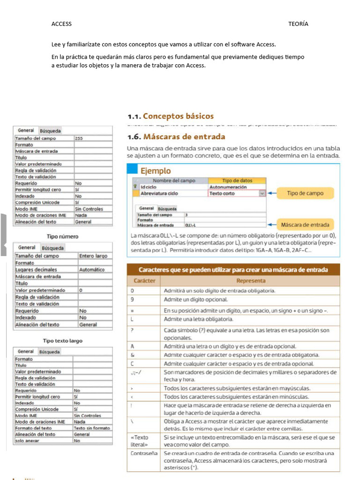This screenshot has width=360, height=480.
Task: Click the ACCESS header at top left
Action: [x=61, y=24]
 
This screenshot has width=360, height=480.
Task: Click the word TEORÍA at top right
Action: [x=298, y=24]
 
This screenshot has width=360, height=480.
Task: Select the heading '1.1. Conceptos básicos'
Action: [x=171, y=116]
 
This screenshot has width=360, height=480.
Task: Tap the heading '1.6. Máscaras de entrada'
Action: [x=176, y=137]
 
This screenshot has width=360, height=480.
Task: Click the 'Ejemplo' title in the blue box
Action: [x=156, y=171]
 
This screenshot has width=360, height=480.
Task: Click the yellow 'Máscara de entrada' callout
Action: [x=305, y=225]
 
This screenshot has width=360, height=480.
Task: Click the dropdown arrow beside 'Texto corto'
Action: [x=262, y=193]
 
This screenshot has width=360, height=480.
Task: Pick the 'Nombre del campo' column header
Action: [x=174, y=180]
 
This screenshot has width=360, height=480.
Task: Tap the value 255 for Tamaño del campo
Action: [x=79, y=139]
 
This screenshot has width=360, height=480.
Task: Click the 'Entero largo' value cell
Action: [x=93, y=256]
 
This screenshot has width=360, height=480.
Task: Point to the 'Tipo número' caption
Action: [x=62, y=236]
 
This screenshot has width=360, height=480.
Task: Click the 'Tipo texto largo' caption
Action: [x=62, y=341]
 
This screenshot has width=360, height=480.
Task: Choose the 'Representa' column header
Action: [x=250, y=281]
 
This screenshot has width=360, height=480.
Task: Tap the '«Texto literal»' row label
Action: [x=139, y=441]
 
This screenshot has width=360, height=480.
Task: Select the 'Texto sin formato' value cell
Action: [x=91, y=428]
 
